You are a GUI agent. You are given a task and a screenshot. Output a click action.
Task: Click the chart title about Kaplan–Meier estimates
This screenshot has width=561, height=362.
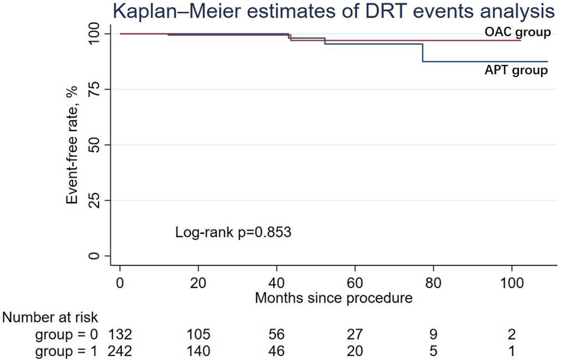pyautogui.click(x=333, y=11)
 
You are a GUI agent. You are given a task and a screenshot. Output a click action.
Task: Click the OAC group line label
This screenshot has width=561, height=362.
pyautogui.click(x=517, y=32)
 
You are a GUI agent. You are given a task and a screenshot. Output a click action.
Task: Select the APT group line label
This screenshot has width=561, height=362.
pyautogui.click(x=516, y=70)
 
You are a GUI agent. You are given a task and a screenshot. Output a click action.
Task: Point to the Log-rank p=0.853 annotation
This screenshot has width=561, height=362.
pyautogui.click(x=233, y=232)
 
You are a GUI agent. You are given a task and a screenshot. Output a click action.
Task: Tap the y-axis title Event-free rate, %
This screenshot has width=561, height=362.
pyautogui.click(x=72, y=145)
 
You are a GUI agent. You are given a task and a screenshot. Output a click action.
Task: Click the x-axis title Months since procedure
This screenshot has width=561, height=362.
pyautogui.click(x=333, y=298)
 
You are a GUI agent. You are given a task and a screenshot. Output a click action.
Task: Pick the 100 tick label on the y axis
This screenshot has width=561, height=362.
pyautogui.click(x=94, y=34)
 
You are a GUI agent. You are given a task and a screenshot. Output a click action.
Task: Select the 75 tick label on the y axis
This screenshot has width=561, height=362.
pyautogui.click(x=94, y=89)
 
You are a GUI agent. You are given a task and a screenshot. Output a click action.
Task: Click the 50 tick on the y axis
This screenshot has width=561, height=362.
pyautogui.click(x=94, y=145)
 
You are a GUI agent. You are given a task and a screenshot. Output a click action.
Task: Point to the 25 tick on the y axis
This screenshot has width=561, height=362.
pyautogui.click(x=94, y=200)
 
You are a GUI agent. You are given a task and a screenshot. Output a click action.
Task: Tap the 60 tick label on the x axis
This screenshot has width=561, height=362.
pyautogui.click(x=355, y=283)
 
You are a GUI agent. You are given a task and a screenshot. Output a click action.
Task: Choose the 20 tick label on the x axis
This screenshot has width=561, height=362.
pyautogui.click(x=198, y=283)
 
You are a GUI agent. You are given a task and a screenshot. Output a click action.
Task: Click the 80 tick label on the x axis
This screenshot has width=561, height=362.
pyautogui.click(x=433, y=283)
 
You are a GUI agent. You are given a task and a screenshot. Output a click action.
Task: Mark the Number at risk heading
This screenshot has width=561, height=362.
pyautogui.click(x=50, y=317)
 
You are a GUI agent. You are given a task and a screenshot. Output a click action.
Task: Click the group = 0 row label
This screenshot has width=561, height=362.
pyautogui.click(x=66, y=334)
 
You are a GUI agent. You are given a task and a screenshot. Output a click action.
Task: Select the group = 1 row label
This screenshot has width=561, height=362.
pyautogui.click(x=66, y=351)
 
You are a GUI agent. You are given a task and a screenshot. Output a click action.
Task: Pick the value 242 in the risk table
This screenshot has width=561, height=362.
pyautogui.click(x=119, y=351)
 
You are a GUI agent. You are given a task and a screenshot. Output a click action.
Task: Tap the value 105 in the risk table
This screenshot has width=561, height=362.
pyautogui.click(x=198, y=334)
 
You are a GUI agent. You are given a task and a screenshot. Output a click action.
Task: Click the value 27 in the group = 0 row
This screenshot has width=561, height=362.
pyautogui.click(x=355, y=334)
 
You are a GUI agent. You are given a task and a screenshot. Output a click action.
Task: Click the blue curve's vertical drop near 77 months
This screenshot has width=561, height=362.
pyautogui.click(x=423, y=53)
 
